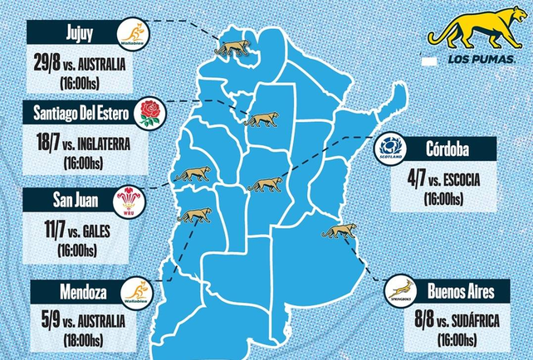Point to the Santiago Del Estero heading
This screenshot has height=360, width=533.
click(73, 112)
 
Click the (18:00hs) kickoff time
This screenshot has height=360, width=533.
click(81, 339)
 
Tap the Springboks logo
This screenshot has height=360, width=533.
click(400, 290)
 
